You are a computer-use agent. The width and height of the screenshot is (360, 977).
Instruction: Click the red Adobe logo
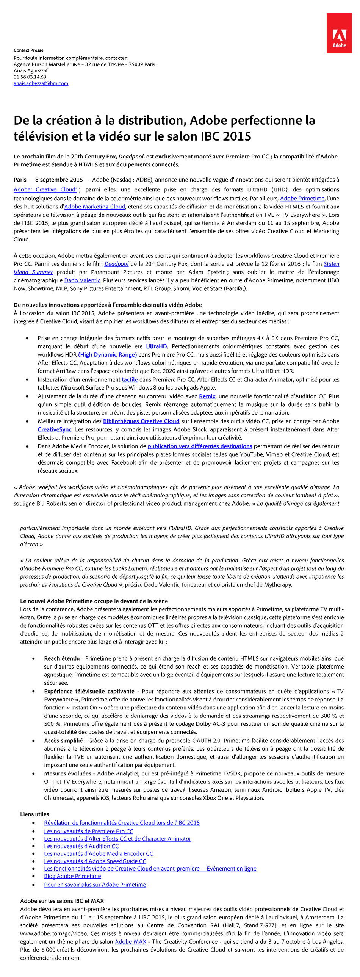[339, 33]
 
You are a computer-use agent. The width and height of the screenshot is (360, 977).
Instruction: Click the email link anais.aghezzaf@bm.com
[41, 83]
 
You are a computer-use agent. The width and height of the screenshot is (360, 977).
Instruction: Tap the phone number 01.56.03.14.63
[30, 77]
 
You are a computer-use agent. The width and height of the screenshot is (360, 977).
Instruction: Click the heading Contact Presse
[28, 50]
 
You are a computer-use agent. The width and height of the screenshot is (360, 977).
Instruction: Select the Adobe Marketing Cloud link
[94, 207]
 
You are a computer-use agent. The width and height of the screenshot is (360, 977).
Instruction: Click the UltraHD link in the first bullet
[156, 346]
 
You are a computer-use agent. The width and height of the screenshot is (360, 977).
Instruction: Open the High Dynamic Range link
[108, 355]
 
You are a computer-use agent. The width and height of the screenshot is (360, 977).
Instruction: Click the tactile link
[129, 380]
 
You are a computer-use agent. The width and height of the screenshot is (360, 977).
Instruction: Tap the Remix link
[207, 396]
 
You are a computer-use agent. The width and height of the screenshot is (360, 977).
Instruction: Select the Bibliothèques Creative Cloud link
[141, 421]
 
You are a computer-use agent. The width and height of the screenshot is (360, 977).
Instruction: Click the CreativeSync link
[54, 430]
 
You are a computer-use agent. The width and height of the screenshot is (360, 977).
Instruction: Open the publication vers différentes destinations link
[200, 446]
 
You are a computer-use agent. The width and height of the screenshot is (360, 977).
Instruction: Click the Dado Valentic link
[82, 280]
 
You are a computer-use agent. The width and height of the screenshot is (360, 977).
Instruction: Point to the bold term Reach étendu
[62, 658]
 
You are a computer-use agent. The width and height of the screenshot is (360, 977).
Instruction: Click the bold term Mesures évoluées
[67, 774]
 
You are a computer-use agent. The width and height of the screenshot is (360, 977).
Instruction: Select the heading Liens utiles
[34, 814]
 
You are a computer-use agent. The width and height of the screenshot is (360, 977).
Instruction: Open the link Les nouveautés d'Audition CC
[81, 846]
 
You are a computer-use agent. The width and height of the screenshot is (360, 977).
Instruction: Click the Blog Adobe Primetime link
[72, 876]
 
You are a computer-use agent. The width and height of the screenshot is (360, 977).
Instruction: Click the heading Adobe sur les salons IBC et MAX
[62, 901]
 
